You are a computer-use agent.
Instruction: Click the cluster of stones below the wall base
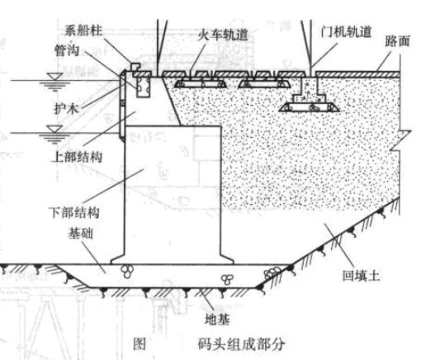pyautogui.click(x=128, y=269)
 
